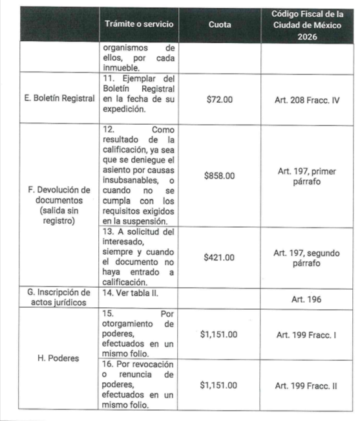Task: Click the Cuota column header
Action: (x=221, y=24)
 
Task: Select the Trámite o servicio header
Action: (x=138, y=24)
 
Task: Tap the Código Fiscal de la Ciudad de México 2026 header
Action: (x=306, y=24)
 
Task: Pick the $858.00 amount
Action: (x=219, y=175)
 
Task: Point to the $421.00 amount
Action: (x=219, y=257)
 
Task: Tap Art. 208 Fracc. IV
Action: (x=306, y=101)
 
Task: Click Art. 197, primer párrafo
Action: (x=306, y=176)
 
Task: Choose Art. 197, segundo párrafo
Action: (x=306, y=257)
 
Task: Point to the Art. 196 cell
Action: (x=306, y=299)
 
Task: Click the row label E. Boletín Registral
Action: (x=52, y=101)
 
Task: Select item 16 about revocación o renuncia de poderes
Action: (x=138, y=385)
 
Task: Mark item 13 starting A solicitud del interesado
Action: (x=138, y=257)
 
